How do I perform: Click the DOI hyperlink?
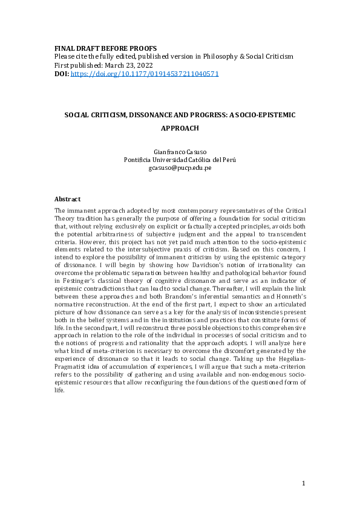click(145, 74)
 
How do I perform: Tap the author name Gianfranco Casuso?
click(179, 151)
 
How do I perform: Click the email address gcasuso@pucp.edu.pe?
click(180, 168)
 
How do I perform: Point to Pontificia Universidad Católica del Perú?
click(180, 160)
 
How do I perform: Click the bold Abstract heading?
click(68, 199)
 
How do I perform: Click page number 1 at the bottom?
click(304, 484)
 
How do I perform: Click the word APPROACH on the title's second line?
click(180, 128)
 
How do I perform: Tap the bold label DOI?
click(62, 74)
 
